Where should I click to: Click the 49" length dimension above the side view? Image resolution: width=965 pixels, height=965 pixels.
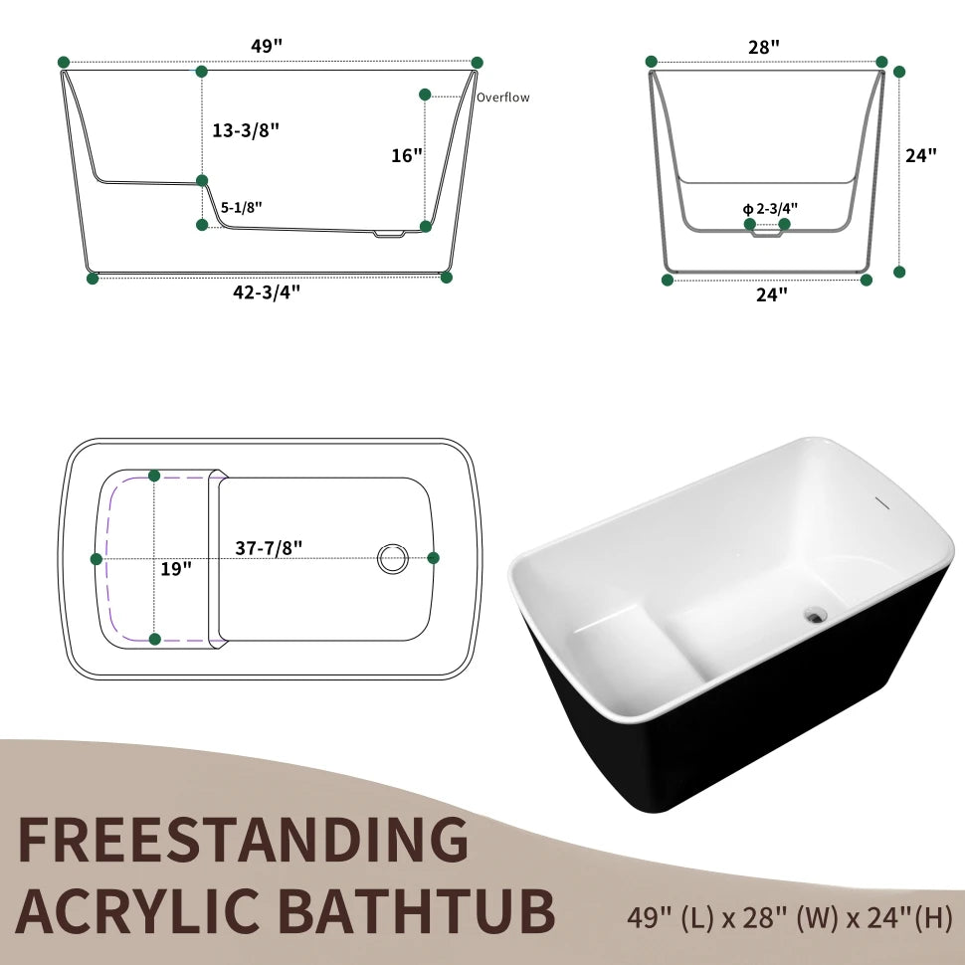[x=268, y=46]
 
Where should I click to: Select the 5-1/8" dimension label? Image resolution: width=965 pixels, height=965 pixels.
[x=242, y=208]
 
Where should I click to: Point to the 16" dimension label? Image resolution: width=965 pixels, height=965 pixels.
[x=407, y=155]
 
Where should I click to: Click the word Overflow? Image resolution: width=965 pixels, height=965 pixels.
[x=502, y=97]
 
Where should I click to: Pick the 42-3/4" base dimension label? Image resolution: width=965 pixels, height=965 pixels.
[x=268, y=291]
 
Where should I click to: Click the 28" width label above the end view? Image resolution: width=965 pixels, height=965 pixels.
[x=764, y=47]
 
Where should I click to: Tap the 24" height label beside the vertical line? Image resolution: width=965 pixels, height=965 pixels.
[x=921, y=155]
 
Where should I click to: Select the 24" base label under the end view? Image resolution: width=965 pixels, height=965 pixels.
[x=771, y=294]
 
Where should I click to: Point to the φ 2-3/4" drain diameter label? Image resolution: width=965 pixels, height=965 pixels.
[x=770, y=209]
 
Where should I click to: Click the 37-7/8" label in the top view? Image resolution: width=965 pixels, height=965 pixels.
[x=269, y=547]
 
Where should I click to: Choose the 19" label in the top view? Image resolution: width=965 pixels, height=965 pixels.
[x=176, y=569]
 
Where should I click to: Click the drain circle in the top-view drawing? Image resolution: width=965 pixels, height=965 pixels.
[x=393, y=558]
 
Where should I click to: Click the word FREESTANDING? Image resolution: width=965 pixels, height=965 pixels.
[x=243, y=839]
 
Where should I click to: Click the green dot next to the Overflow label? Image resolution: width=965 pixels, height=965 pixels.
[x=425, y=95]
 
